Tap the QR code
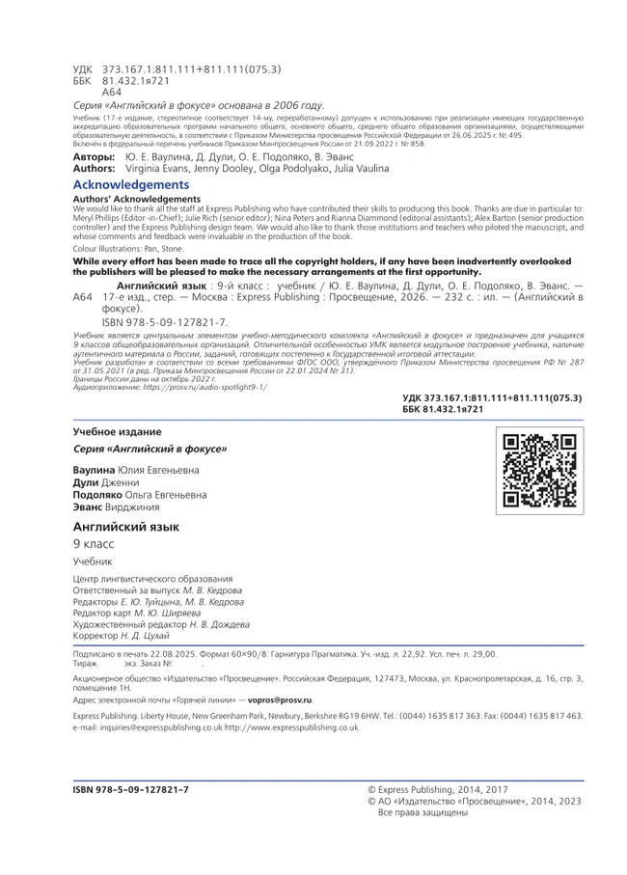tap(539, 471)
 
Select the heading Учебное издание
tap(117, 431)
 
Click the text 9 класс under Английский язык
tap(93, 545)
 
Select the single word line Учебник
tap(93, 561)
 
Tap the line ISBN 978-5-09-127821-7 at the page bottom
tap(130, 789)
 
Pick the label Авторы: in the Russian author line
tap(93, 156)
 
